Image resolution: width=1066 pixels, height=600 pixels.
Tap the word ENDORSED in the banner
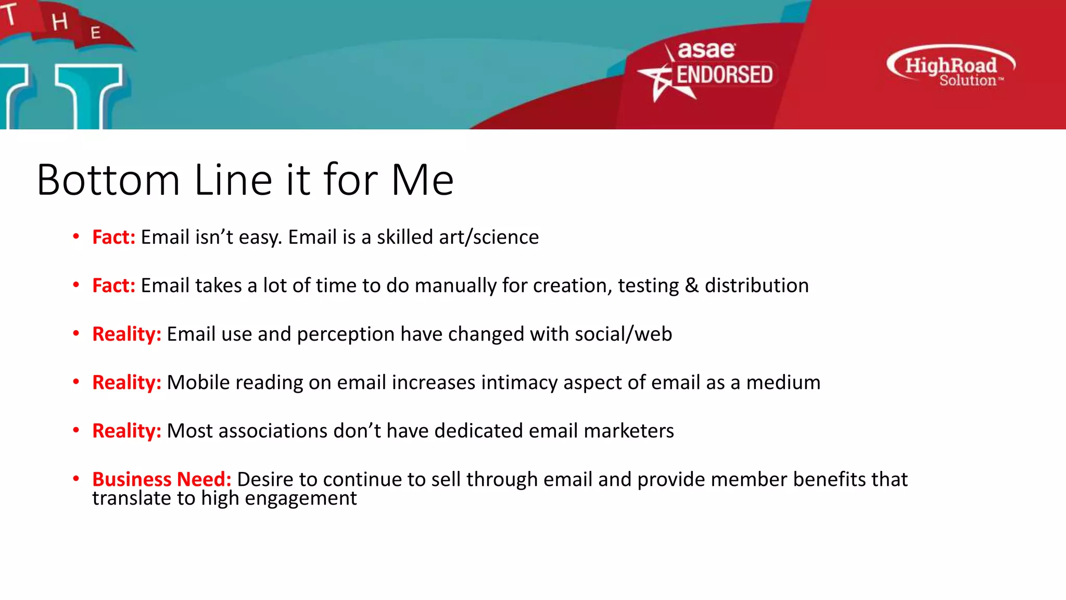coord(725,75)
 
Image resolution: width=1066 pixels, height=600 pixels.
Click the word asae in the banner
coord(706,51)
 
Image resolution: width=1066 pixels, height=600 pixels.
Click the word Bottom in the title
coord(108,180)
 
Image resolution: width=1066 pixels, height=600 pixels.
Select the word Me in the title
coord(422,180)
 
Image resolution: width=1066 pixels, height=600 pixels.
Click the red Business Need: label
coord(161,479)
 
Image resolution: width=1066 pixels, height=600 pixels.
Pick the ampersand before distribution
coord(691,286)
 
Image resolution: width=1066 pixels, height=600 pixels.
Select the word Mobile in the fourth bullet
coord(198,383)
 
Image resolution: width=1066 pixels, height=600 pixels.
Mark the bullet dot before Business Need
coord(76,478)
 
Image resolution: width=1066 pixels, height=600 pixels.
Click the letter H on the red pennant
coord(60,22)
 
